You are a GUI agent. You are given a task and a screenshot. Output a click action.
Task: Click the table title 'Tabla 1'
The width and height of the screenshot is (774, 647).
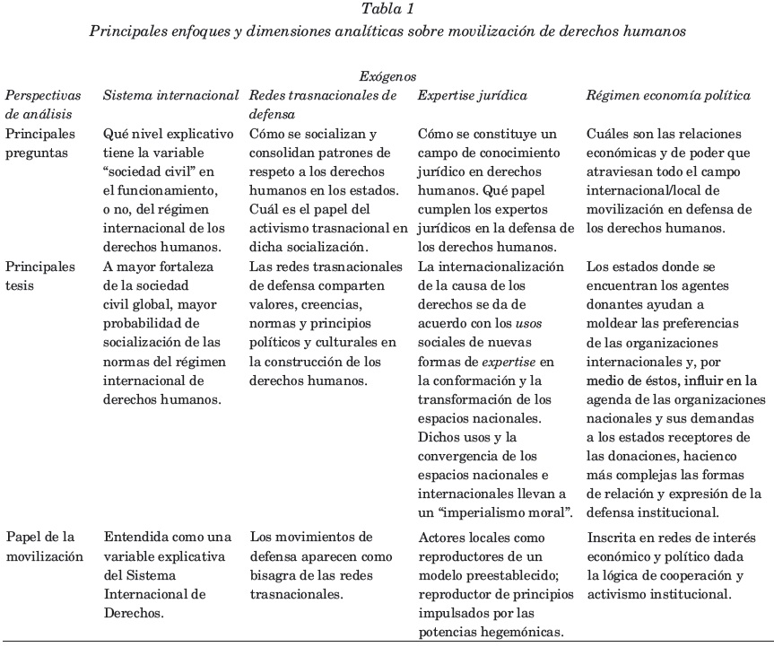click(387, 10)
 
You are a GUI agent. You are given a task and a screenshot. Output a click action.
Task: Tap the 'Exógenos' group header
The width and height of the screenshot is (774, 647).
click(387, 77)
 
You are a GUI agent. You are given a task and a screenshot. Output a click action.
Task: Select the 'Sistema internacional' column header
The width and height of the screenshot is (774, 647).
click(171, 95)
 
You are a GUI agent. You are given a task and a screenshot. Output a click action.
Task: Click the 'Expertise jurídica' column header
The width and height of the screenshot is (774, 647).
click(473, 95)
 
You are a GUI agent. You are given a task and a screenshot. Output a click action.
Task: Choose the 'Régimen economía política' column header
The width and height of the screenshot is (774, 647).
click(668, 95)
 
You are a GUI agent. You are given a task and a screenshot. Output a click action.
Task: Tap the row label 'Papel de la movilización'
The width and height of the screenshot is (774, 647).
click(44, 546)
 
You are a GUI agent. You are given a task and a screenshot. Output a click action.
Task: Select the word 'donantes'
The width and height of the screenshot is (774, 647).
click(613, 305)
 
